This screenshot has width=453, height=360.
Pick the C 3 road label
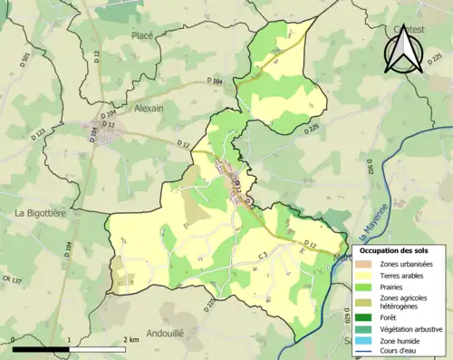click(263, 257)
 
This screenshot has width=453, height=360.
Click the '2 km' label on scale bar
click(133, 338)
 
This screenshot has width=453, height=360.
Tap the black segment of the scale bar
click(42, 346)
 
